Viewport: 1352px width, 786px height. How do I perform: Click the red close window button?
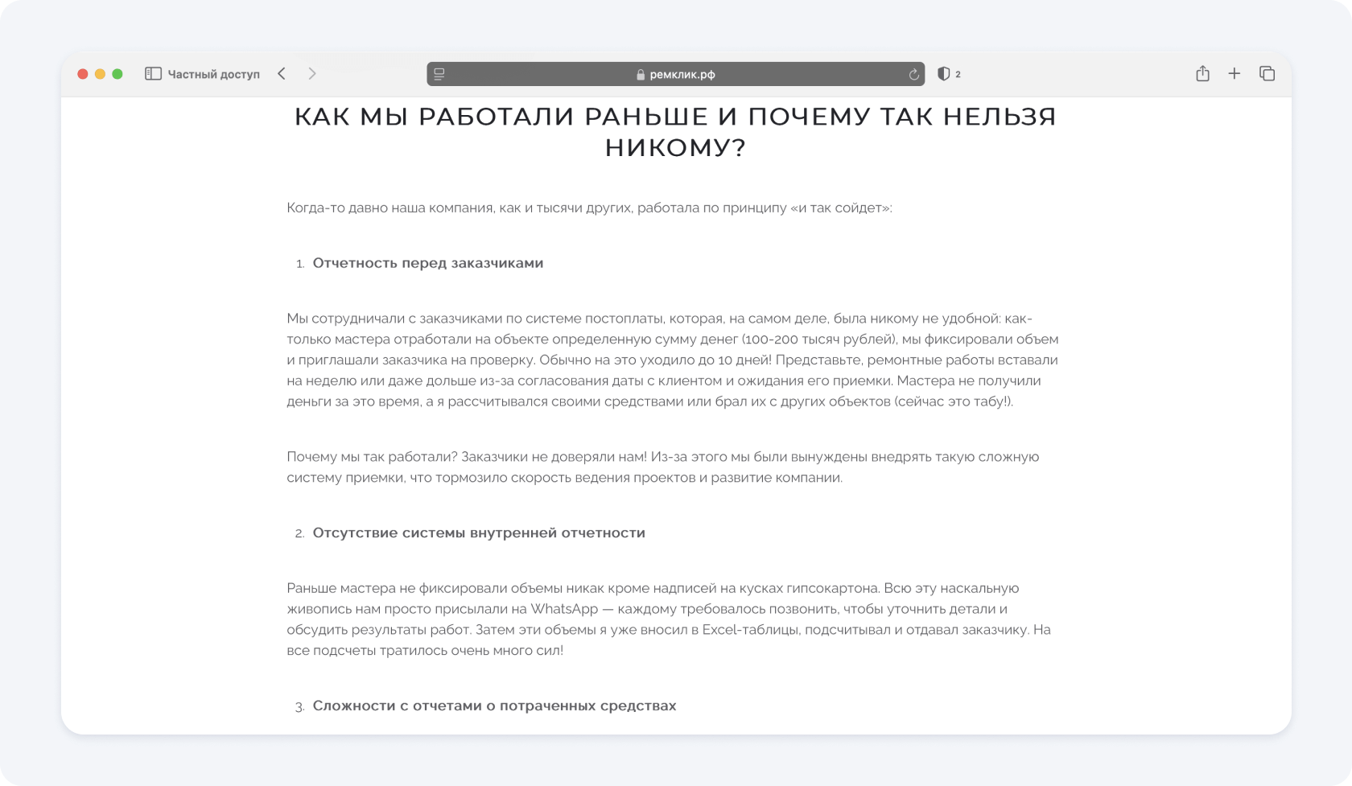[x=82, y=74]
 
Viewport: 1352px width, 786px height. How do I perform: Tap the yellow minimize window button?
[x=100, y=74]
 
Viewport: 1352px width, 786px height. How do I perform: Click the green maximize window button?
[x=117, y=74]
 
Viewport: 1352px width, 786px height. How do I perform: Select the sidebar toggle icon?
[x=153, y=74]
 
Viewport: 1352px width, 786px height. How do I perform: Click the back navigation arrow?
[x=282, y=74]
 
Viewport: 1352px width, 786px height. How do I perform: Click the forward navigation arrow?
[x=312, y=74]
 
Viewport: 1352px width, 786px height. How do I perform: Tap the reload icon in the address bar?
[x=913, y=74]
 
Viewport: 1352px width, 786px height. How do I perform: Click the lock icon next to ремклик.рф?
[x=641, y=75]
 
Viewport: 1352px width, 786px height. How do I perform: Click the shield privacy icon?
[x=943, y=74]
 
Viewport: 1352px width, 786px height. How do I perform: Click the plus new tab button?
[x=1234, y=74]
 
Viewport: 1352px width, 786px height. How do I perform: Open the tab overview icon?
[x=1267, y=74]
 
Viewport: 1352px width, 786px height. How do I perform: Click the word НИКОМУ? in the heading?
[x=675, y=148]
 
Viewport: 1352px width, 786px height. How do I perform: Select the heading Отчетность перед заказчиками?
[x=427, y=263]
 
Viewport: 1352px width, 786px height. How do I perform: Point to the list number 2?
[x=299, y=533]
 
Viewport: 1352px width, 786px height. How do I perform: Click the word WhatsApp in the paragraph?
[x=563, y=609]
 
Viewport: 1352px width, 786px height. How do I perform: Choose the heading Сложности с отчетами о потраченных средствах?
[x=494, y=706]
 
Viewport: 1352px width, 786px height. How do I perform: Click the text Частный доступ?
[x=213, y=74]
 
